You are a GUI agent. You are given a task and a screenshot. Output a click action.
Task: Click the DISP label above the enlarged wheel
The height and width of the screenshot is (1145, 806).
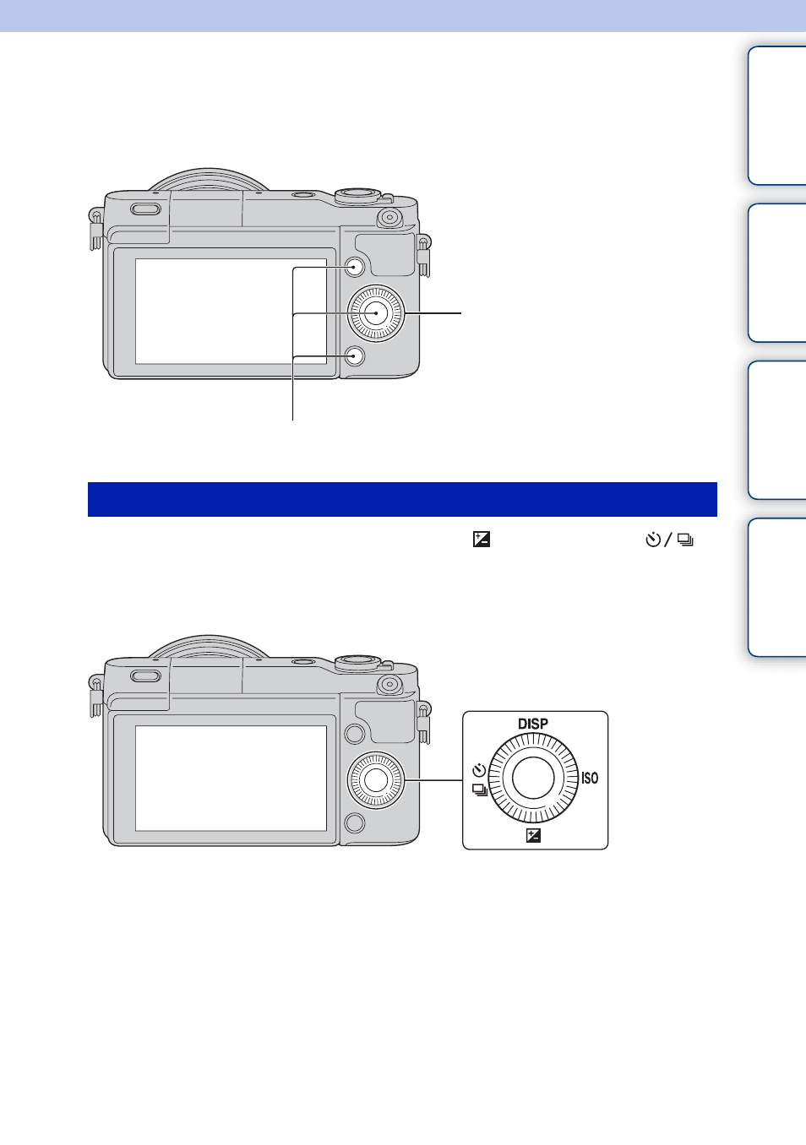(x=533, y=724)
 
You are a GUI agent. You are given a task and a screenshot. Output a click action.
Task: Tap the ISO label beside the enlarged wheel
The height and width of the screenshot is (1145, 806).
(x=590, y=778)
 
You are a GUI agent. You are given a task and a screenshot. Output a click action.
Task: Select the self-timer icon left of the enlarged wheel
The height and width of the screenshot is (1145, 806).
(x=479, y=769)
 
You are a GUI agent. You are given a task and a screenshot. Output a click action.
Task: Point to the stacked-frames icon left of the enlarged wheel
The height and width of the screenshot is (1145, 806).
(x=480, y=790)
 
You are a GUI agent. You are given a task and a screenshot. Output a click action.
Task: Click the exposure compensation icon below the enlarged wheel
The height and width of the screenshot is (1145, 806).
(x=533, y=835)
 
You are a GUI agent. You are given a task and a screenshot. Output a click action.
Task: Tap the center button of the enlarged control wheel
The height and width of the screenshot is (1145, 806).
(x=533, y=778)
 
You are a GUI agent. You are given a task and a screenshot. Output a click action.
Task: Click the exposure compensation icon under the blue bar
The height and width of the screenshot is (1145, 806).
(x=482, y=540)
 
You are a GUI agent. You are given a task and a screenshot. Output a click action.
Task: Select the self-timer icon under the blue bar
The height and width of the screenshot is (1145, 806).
(x=653, y=540)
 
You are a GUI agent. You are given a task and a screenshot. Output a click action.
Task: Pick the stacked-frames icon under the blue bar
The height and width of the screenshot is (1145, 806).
(x=685, y=540)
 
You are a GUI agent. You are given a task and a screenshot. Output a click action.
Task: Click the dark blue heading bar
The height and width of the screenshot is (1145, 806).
(x=402, y=499)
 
